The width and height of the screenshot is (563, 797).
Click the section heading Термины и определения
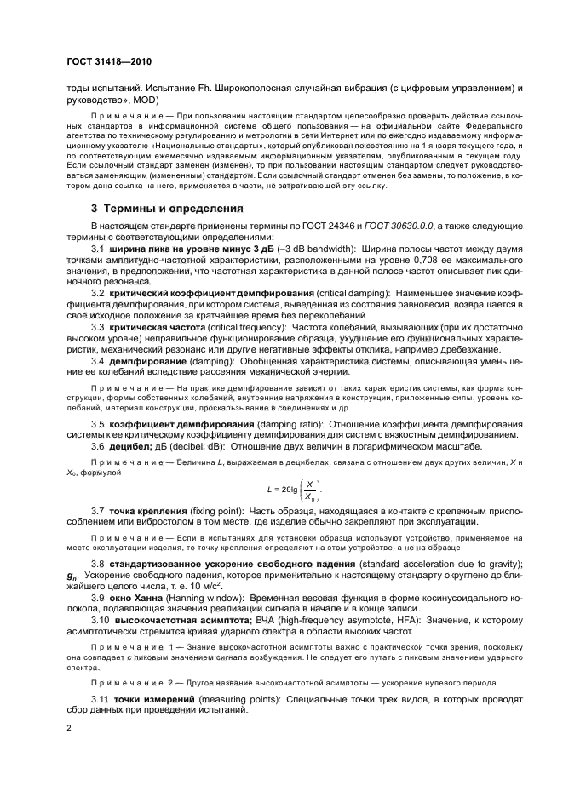tap(164, 208)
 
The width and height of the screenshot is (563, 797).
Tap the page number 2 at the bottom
tap(70, 728)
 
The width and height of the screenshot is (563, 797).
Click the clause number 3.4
tap(97, 360)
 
